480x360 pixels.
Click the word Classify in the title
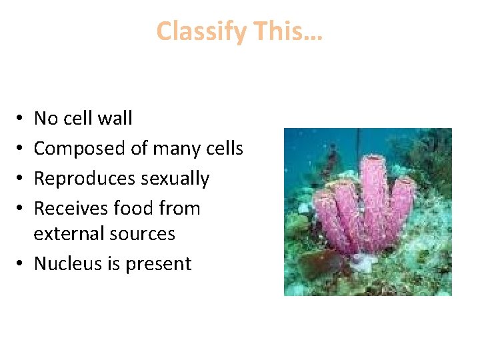tap(198, 32)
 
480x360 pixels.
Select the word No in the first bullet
tap(46, 119)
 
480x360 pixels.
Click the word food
tap(134, 209)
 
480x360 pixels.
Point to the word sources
tap(145, 234)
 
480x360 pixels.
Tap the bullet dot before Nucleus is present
tap(22, 264)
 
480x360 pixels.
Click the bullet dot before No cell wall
tap(22, 119)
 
